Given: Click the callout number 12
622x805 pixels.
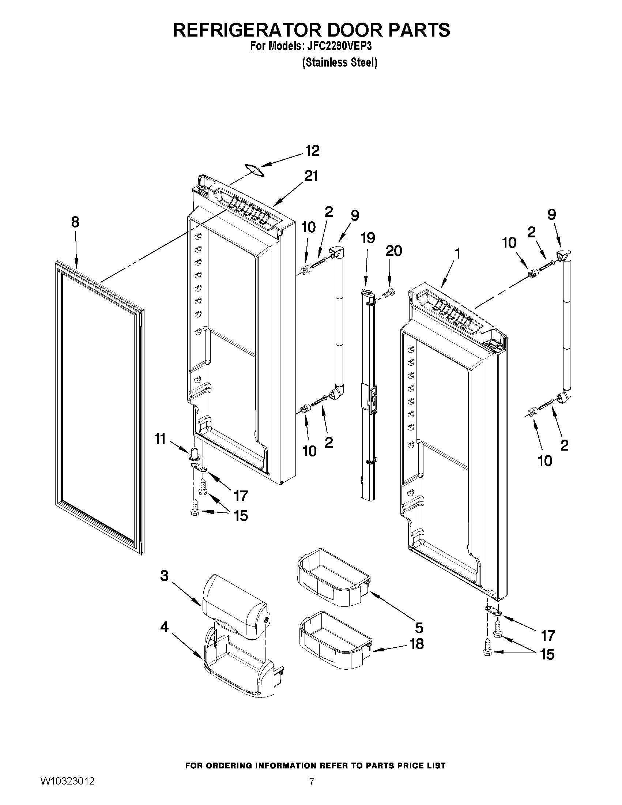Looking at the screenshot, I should pyautogui.click(x=312, y=151).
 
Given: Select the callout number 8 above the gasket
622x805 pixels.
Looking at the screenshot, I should pyautogui.click(x=75, y=222).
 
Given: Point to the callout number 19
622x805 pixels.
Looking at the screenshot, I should pyautogui.click(x=367, y=238).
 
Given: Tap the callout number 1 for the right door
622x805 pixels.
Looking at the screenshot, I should pyautogui.click(x=457, y=253).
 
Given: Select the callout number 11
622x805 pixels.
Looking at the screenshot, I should pyautogui.click(x=159, y=439).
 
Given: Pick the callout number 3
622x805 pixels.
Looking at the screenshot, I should pyautogui.click(x=164, y=576).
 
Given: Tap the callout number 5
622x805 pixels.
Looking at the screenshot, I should pyautogui.click(x=419, y=627).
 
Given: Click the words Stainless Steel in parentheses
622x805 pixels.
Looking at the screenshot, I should pyautogui.click(x=339, y=63).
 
